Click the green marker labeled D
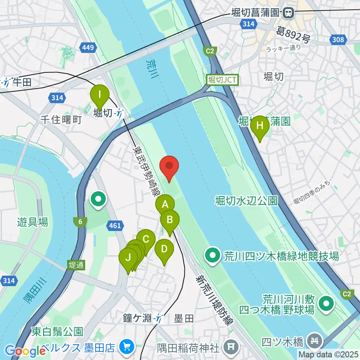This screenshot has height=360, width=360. coord(164,250)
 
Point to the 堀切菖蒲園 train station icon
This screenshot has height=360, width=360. coord(288,13)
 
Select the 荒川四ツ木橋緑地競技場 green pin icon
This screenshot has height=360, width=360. coord(213,256)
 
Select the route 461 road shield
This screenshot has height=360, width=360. coord(114,225)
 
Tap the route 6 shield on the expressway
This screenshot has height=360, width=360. coord(80,222)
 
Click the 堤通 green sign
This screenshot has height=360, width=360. coord(76,265)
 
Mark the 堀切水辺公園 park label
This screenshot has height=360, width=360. coord(246,201)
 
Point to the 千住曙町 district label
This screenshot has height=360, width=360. coord(61,120)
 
